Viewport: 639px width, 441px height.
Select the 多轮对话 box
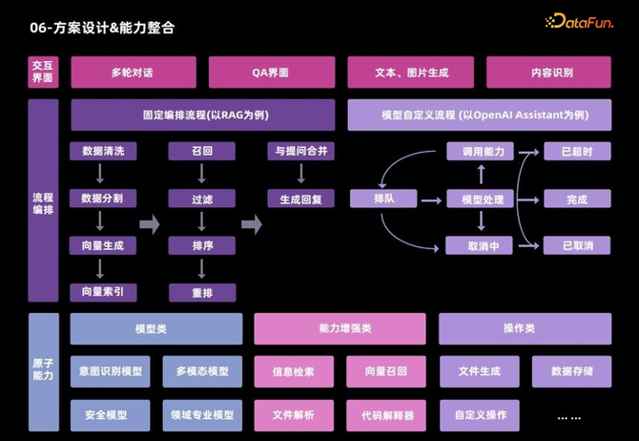tap(132, 73)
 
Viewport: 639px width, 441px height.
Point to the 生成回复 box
tap(300, 199)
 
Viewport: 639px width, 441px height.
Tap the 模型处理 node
tap(481, 199)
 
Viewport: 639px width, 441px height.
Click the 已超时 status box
tap(577, 151)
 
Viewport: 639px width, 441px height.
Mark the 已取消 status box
tap(577, 245)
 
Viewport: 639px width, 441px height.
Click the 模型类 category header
tap(155, 328)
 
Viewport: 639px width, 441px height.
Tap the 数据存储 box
tap(572, 370)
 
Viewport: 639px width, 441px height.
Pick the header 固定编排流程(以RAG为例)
tap(203, 115)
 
